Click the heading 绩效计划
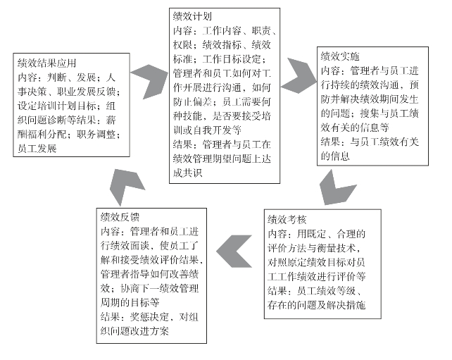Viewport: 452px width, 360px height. pos(192,16)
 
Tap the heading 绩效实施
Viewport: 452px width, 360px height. pos(340,56)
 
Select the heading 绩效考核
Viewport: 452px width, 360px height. pos(287,220)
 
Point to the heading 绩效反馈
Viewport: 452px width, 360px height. pos(120,217)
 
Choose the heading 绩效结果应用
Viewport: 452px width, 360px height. pos(46,63)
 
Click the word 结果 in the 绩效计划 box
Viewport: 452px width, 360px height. pos(183,144)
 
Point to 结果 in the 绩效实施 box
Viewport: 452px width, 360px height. pos(330,142)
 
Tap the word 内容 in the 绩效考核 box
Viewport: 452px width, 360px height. pos(277,234)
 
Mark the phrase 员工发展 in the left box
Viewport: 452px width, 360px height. pos(37,148)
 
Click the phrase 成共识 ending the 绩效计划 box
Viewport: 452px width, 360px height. pos(188,173)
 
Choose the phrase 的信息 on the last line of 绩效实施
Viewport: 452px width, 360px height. pos(335,156)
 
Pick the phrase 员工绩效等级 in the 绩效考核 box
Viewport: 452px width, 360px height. pos(326,290)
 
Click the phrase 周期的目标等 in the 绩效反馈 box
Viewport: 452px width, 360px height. pos(130,302)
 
